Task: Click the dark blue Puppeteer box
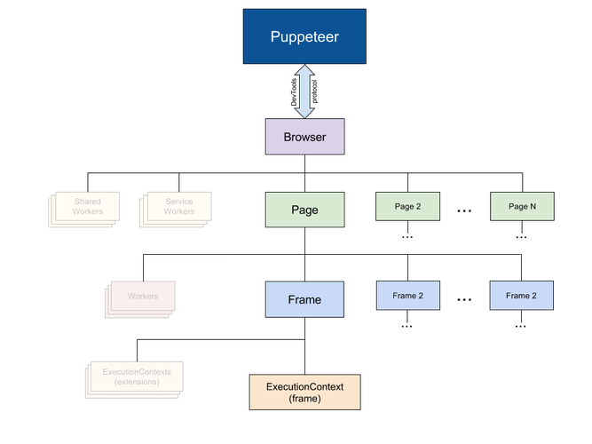coord(304,36)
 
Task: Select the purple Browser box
coord(304,137)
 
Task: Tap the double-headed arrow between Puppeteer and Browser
coord(304,91)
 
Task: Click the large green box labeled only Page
coord(304,210)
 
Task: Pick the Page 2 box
coord(407,206)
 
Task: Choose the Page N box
coord(522,206)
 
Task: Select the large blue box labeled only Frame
coord(304,299)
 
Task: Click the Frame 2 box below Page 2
coord(408,296)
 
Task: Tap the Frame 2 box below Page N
coord(521,296)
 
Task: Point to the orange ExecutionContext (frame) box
coord(304,392)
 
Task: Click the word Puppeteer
coord(304,36)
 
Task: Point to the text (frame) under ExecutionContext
coord(304,400)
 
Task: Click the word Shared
coord(88,202)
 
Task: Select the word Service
coord(179,202)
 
